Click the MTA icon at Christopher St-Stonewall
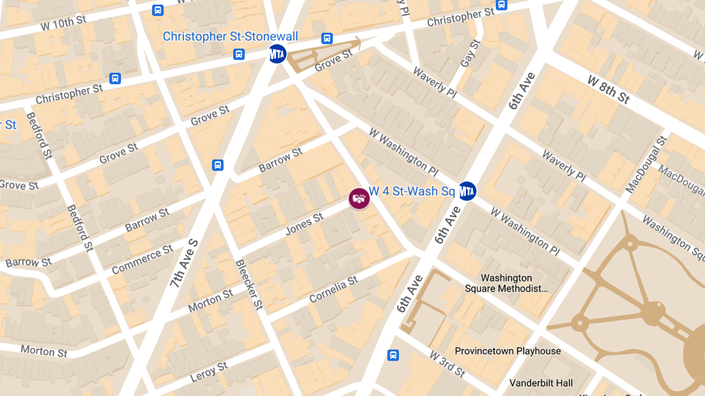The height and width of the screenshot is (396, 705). click(x=277, y=54)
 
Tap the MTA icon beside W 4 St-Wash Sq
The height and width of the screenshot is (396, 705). click(x=466, y=191)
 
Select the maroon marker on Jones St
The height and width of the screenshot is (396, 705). click(x=359, y=198)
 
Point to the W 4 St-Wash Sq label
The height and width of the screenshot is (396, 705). click(x=412, y=191)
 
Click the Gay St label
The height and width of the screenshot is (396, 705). click(x=470, y=53)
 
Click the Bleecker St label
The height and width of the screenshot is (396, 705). click(x=249, y=285)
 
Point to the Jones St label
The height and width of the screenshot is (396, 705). click(x=304, y=225)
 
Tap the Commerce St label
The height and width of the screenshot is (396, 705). click(x=142, y=259)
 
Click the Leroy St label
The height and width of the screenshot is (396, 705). click(x=209, y=372)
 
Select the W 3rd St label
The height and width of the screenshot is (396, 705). click(x=447, y=364)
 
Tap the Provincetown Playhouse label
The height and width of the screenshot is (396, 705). click(x=508, y=351)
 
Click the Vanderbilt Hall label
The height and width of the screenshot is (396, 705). click(x=540, y=383)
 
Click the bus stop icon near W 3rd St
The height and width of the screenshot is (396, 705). click(x=393, y=355)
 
